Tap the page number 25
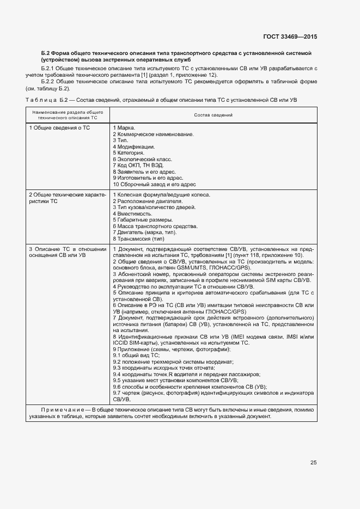point(313,463)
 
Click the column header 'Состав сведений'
point(213,115)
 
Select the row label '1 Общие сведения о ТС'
point(59,127)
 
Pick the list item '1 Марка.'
point(124,127)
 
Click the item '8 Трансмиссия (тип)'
point(138,238)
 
